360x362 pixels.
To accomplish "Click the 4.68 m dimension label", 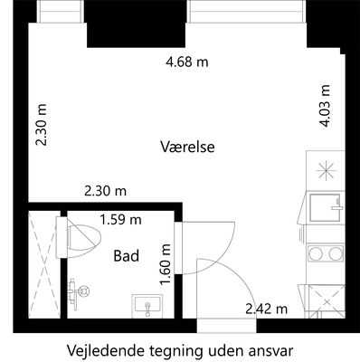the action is [187, 62].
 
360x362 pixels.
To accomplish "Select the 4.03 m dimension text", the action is [325, 106].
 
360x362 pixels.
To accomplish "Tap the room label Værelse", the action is [187, 147].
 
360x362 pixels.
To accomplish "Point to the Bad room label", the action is [127, 256].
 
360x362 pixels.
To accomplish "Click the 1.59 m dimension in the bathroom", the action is [120, 220].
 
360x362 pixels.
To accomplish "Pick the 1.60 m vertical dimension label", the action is [166, 264].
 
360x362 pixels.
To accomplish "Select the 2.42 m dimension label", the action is [266, 309].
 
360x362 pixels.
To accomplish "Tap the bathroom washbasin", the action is [147, 306].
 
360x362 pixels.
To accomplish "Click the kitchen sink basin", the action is [326, 208].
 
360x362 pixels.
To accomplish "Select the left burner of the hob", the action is [315, 253].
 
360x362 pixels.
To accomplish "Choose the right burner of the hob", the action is [336, 253].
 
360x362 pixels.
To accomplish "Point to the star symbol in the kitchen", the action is [326, 171].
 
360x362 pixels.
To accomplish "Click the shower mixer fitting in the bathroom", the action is [77, 291].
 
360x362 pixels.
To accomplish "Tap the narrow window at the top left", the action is [60, 11].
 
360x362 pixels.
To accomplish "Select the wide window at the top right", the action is [246, 11].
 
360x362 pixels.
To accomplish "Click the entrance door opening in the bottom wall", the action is [226, 326].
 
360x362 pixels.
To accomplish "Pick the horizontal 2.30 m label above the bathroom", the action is [105, 191].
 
